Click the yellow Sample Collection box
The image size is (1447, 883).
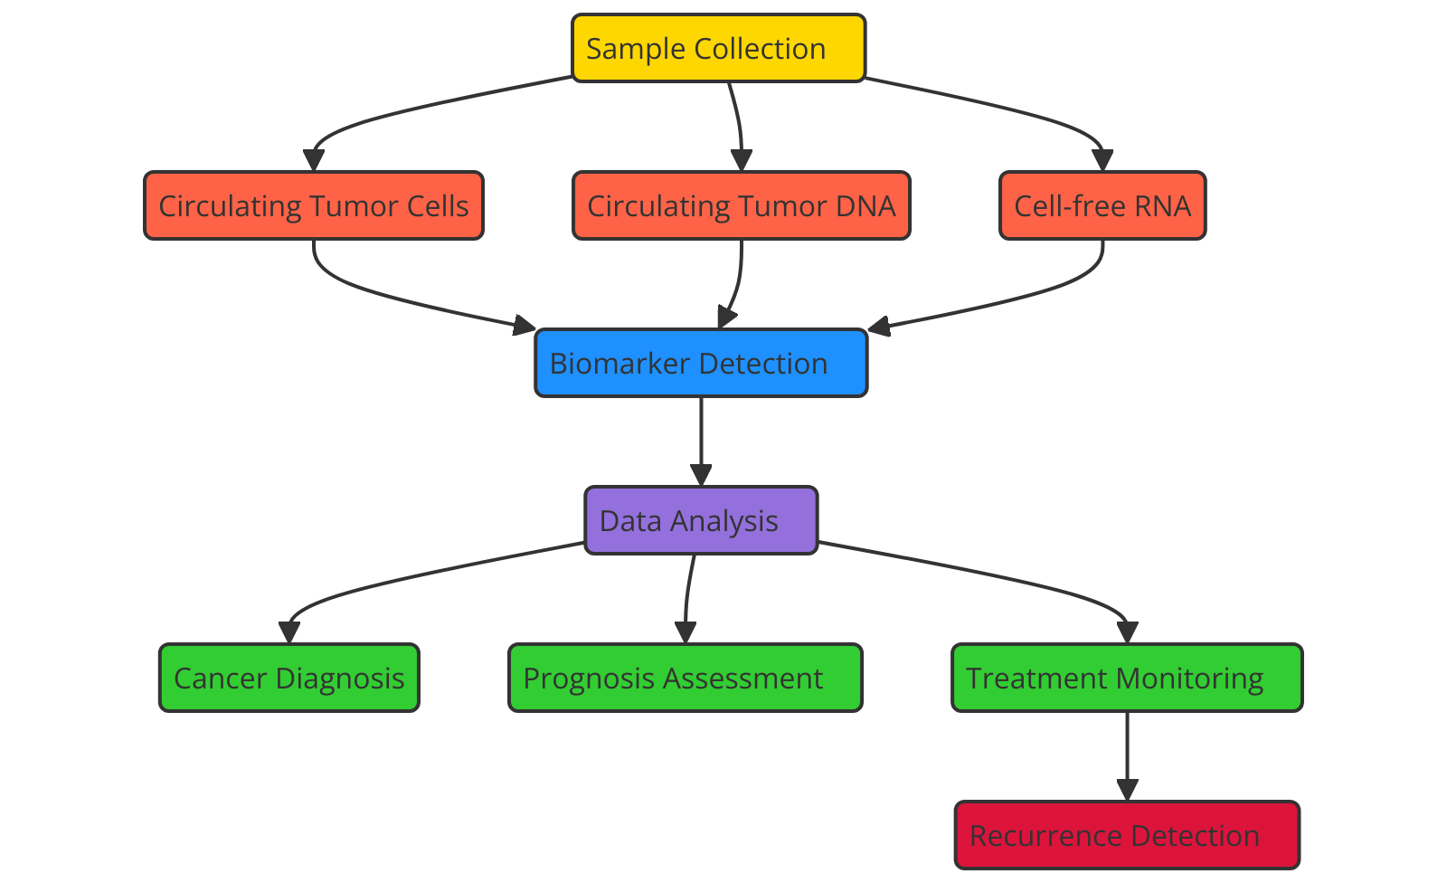[718, 48]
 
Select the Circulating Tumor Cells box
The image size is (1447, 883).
[313, 205]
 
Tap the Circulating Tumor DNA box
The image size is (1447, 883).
[742, 205]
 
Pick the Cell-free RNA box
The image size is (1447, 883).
[1102, 205]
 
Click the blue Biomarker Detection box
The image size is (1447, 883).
[701, 363]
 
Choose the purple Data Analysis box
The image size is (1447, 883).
[701, 520]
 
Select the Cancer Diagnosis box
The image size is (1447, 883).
[288, 678]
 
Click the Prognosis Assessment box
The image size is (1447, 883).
[686, 678]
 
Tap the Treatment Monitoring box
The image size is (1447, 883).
[1127, 678]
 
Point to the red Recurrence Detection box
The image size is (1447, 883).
[1127, 835]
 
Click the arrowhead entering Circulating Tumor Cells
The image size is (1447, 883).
[313, 160]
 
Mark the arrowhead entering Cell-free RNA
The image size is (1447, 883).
[1102, 160]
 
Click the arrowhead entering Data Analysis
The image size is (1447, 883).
[701, 475]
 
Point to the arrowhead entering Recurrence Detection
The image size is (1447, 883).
[1127, 790]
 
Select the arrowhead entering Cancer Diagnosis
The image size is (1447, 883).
[288, 632]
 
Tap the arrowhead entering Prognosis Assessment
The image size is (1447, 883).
[686, 632]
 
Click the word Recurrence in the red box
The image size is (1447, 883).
[1046, 836]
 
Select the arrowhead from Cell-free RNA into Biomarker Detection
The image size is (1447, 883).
[880, 327]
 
